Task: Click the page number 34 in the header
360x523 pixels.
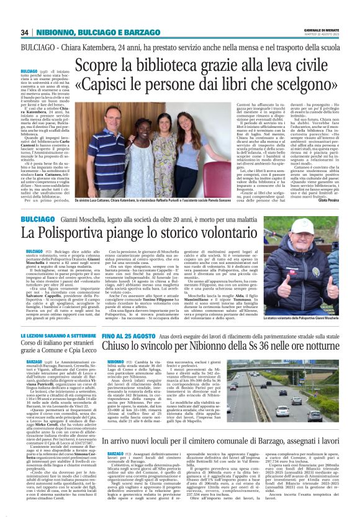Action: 25,32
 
